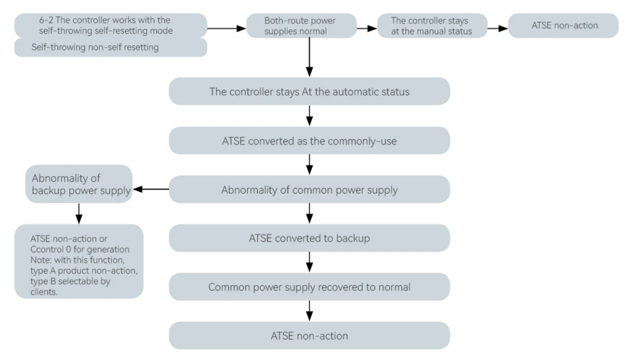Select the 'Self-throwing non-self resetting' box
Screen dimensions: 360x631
[x=111, y=48]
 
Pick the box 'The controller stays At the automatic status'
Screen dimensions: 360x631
[x=309, y=91]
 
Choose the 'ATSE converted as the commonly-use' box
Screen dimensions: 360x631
[x=309, y=141]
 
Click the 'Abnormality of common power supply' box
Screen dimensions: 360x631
[x=309, y=190]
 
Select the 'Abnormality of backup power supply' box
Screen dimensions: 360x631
[x=79, y=184]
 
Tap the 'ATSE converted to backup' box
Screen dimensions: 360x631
[x=309, y=238]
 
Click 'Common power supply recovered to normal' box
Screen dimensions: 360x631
[x=309, y=287]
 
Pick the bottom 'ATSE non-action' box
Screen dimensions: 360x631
[x=309, y=336]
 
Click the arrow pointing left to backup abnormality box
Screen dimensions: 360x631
[x=150, y=190]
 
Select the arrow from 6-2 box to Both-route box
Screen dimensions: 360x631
[x=227, y=28]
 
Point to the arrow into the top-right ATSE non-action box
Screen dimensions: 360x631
[x=498, y=28]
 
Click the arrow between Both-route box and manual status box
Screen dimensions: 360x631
[x=367, y=28]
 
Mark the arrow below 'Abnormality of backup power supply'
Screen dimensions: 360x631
[x=79, y=213]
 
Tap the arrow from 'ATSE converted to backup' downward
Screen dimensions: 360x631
[x=309, y=262]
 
